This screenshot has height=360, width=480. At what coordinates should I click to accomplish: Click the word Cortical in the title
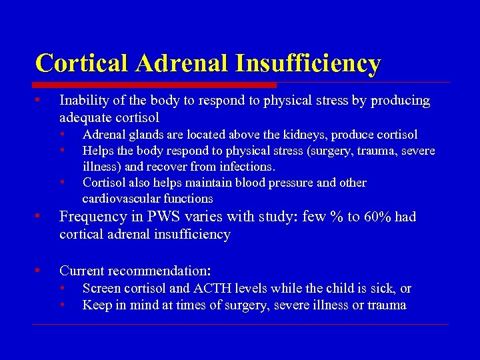point(82,63)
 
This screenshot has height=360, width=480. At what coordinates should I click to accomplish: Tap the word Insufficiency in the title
point(307,63)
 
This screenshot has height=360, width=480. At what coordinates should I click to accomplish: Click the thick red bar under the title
point(155,85)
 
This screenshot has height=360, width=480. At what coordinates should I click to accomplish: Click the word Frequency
point(90,217)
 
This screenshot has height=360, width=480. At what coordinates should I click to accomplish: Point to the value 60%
point(379,217)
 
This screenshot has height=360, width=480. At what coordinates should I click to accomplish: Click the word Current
point(80,271)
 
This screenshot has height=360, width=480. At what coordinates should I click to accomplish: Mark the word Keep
point(95,305)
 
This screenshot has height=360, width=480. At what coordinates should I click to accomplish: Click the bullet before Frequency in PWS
point(39,216)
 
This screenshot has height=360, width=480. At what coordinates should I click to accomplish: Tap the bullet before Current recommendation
point(39,270)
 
